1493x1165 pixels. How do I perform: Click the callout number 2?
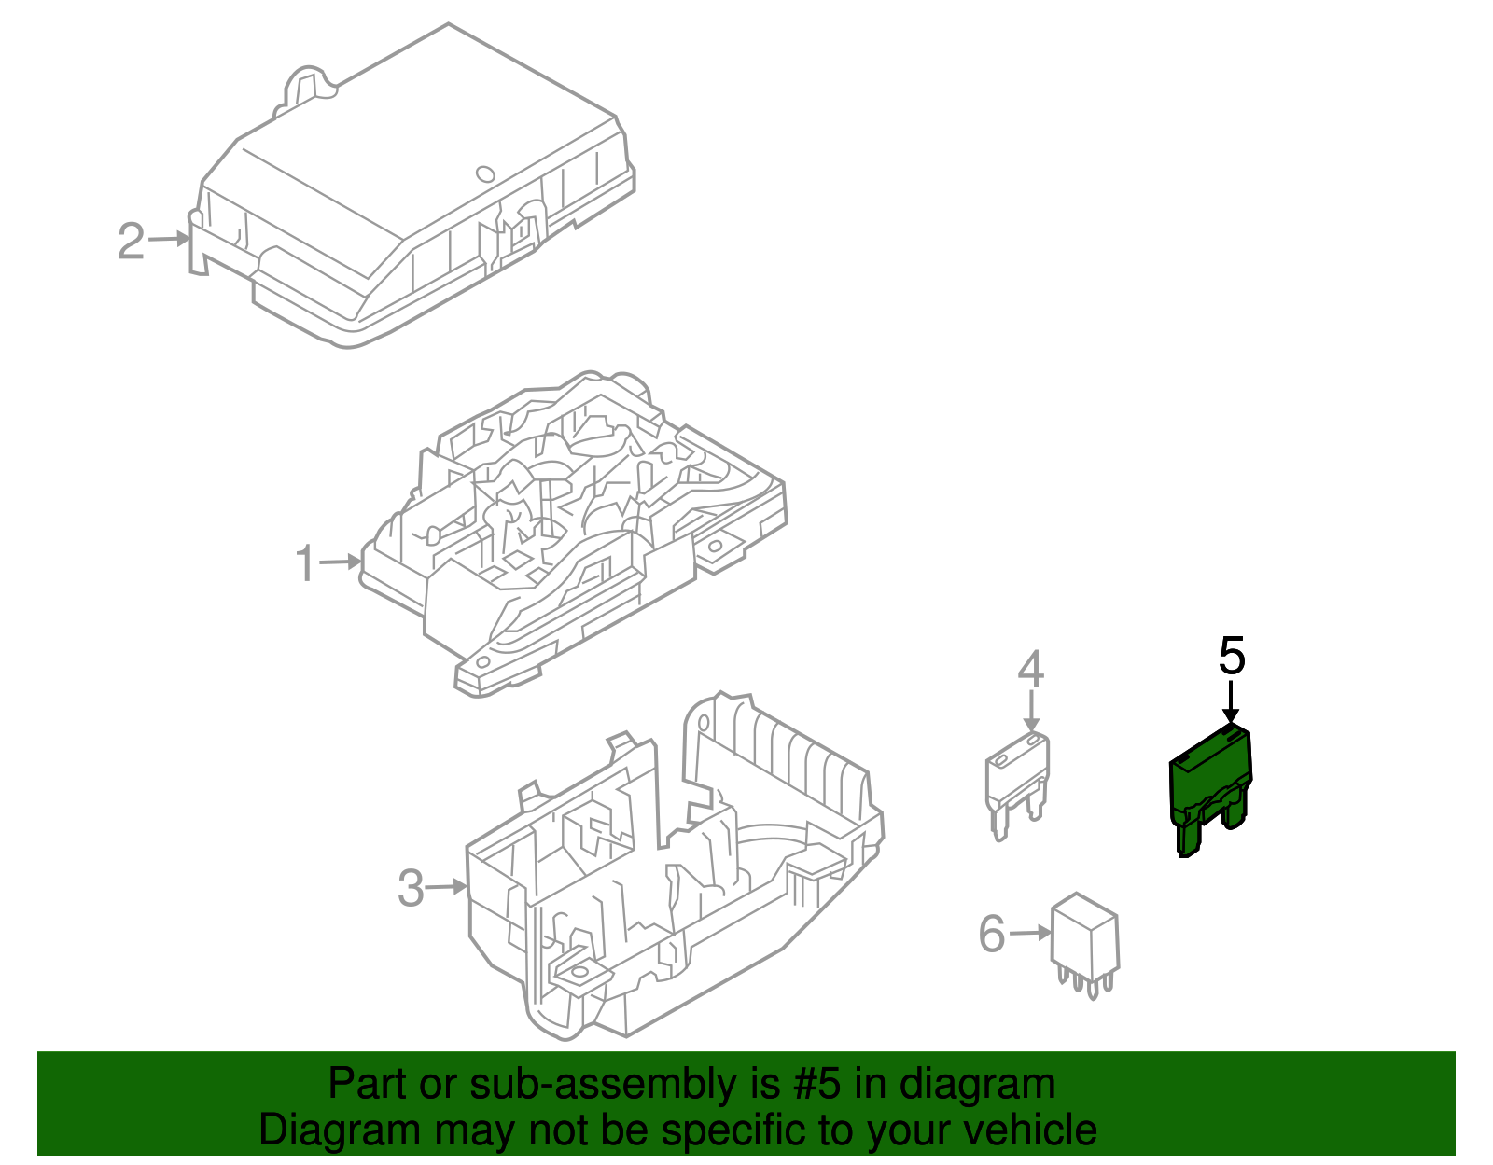pos(131,242)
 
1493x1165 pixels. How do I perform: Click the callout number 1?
pos(305,564)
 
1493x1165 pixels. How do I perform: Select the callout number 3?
pos(411,888)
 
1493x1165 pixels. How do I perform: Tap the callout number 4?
pos(1030,669)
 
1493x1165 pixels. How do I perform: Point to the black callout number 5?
pos(1232,656)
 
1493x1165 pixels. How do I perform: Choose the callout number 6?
pos(992,934)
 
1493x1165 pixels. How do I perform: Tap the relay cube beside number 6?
pos(1084,935)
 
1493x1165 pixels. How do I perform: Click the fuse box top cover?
pos(411,187)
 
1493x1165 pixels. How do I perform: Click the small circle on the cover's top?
pos(484,173)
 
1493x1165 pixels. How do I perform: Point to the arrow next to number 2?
pos(170,239)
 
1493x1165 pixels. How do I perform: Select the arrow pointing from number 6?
pos(1031,933)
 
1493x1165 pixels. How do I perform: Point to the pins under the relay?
pos(1085,981)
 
